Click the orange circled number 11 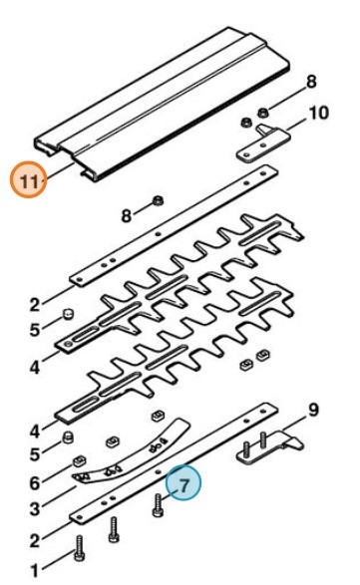point(29,181)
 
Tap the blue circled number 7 point(183,483)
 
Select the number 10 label point(318,113)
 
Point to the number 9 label point(313,410)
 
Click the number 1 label point(35,571)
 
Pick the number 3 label point(35,509)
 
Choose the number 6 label point(35,483)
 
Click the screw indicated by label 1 point(79,548)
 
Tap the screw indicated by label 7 point(158,505)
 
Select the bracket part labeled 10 point(264,143)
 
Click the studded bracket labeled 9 point(269,448)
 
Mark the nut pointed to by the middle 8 point(158,201)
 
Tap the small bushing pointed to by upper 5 point(69,314)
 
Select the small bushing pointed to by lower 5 point(68,437)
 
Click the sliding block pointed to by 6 point(79,461)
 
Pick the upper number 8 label point(311,82)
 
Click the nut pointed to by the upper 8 point(263,112)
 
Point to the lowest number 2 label point(35,540)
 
